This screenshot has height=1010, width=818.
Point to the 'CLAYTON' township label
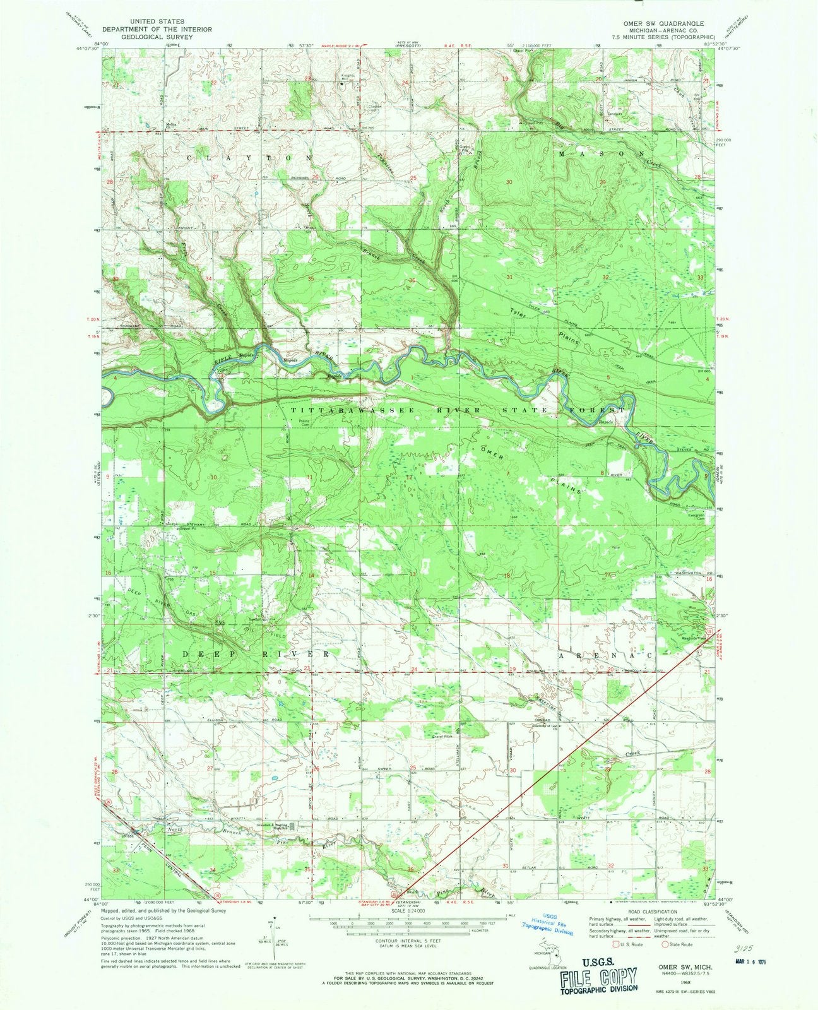[248, 157]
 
